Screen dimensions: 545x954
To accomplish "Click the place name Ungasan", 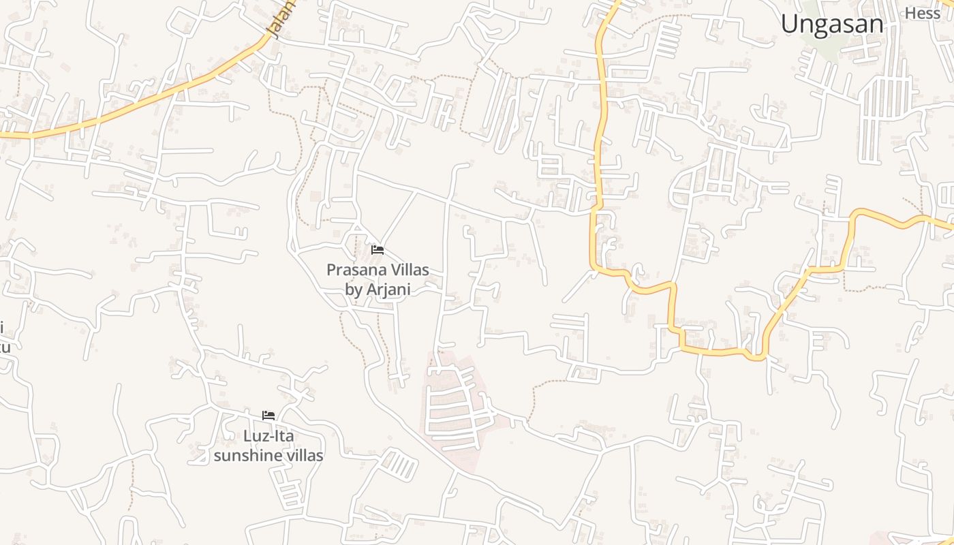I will [x=832, y=25].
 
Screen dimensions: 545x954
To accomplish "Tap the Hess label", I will [x=923, y=13].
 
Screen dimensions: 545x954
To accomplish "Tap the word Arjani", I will [x=388, y=290].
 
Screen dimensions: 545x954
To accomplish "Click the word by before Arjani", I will [x=354, y=290].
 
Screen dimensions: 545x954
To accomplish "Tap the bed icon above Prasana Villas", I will [x=378, y=250].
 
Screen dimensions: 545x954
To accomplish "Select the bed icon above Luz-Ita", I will [x=268, y=415].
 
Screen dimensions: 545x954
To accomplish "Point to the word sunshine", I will [x=243, y=455].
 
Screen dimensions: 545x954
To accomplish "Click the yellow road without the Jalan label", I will [x=600, y=136].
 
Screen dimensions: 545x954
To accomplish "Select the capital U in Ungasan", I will [x=790, y=25].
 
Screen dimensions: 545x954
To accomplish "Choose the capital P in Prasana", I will [x=331, y=270].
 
